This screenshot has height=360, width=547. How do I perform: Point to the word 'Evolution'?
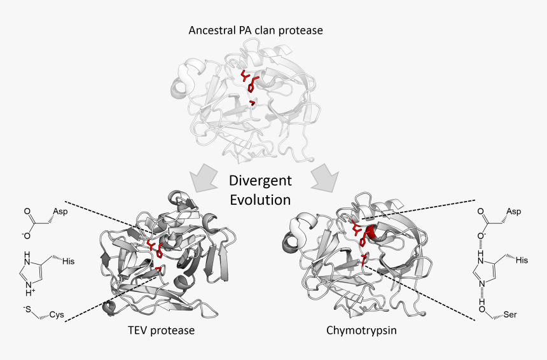pyautogui.click(x=260, y=199)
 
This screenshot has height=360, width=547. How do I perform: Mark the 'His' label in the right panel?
pyautogui.click(x=522, y=260)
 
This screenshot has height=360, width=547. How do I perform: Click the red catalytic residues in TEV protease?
pyautogui.click(x=155, y=251)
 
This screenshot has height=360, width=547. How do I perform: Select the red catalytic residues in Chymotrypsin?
pyautogui.click(x=361, y=239)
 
